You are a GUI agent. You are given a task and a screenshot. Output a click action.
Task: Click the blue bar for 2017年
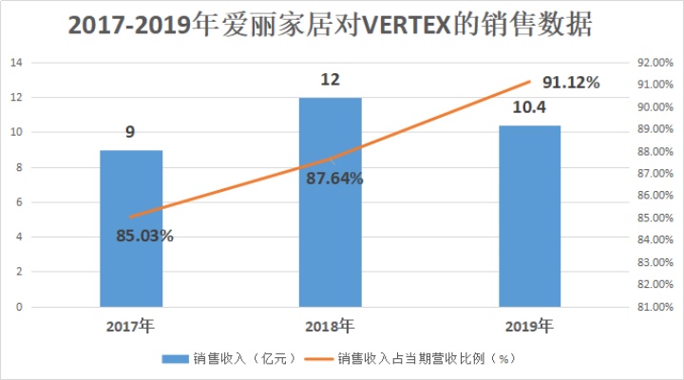131,229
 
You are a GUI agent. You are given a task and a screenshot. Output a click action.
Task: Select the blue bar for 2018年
331,202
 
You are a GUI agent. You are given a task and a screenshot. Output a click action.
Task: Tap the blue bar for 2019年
529,217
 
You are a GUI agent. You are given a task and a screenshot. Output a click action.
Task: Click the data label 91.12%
571,83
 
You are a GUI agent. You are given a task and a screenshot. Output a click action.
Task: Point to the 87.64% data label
334,179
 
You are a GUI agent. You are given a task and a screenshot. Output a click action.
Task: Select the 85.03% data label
144,236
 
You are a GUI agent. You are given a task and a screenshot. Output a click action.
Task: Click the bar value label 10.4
529,107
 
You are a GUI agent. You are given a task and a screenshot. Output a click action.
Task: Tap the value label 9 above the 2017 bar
130,132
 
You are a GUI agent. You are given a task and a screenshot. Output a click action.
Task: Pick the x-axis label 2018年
330,327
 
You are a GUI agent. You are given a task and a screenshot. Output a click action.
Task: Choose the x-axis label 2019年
529,327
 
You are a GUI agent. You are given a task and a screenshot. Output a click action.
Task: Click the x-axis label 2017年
130,327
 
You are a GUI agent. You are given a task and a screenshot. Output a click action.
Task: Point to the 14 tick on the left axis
16,63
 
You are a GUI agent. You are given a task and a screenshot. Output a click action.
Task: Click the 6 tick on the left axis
19,202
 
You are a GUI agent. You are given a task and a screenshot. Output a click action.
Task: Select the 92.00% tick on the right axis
655,63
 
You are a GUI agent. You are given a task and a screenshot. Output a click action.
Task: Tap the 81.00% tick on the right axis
655,307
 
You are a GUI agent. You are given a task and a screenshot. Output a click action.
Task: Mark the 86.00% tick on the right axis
655,195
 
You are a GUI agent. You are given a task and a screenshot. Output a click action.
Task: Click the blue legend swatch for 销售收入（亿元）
176,359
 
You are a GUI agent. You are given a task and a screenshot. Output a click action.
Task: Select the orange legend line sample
318,359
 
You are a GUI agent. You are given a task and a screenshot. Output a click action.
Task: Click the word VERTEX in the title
406,25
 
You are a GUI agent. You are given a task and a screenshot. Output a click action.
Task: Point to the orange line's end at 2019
529,82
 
